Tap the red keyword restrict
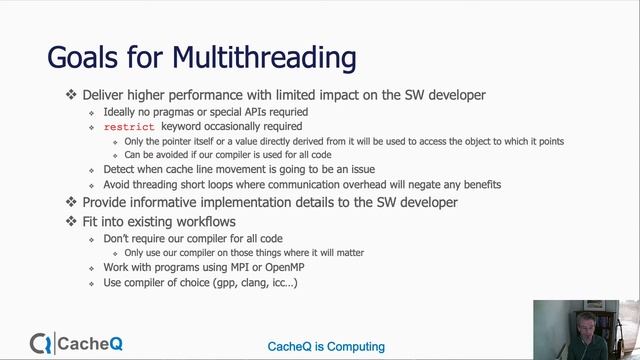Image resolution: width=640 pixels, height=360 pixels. pos(129,127)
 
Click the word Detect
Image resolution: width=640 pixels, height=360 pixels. pos(120,170)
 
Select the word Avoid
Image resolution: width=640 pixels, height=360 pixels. pos(119,185)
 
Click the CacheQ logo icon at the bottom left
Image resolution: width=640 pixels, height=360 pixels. pos(41,345)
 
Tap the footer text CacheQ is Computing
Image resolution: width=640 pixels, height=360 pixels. pos(326,346)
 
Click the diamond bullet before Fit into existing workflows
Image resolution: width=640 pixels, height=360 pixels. pos(71,220)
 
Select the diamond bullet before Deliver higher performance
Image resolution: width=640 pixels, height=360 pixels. pos(71,95)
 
